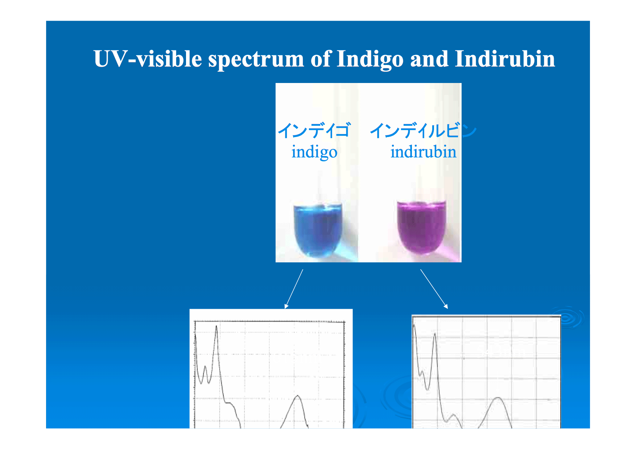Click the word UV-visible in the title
pyautogui.click(x=148, y=59)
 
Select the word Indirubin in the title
pyautogui.click(x=505, y=59)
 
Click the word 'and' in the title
pyautogui.click(x=429, y=59)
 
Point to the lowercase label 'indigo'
pyautogui.click(x=314, y=152)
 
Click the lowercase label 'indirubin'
pyautogui.click(x=423, y=151)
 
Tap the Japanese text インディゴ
pyautogui.click(x=314, y=130)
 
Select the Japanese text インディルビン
pyautogui.click(x=423, y=130)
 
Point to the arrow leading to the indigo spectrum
pyautogui.click(x=294, y=289)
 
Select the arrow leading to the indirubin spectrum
pyautogui.click(x=434, y=289)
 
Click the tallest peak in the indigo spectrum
pyautogui.click(x=216, y=327)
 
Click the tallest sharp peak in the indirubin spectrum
pyautogui.click(x=435, y=334)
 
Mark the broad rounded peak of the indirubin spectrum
pyautogui.click(x=499, y=398)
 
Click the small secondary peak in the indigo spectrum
pyautogui.click(x=205, y=367)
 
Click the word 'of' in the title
pyautogui.click(x=321, y=59)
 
